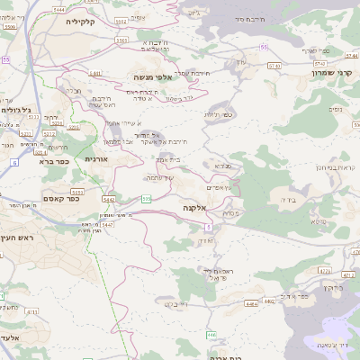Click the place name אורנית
coord(96,158)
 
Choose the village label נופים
coord(335,109)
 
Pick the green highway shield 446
coord(211,334)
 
